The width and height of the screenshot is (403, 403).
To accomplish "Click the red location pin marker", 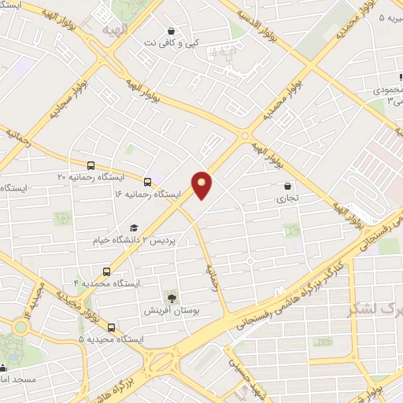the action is pyautogui.click(x=202, y=184).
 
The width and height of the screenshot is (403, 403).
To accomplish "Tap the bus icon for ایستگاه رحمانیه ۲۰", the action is pyautogui.click(x=91, y=166).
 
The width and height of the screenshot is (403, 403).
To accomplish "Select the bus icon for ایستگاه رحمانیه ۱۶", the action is pyautogui.click(x=148, y=182).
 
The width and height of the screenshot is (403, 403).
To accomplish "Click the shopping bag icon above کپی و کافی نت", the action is pyautogui.click(x=171, y=31).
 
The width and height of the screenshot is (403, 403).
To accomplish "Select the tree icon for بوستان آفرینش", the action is pyautogui.click(x=171, y=297).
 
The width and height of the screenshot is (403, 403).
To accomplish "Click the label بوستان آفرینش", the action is pyautogui.click(x=172, y=310).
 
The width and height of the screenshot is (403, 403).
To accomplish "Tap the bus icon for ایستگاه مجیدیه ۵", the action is pyautogui.click(x=110, y=327).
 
